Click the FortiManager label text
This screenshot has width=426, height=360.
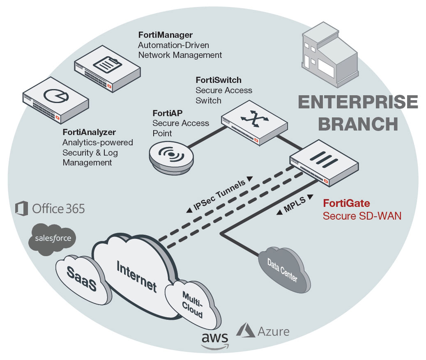click(166, 34)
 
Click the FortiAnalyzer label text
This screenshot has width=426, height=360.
click(89, 132)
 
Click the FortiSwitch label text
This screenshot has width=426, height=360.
click(218, 80)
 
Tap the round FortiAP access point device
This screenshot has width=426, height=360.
click(170, 156)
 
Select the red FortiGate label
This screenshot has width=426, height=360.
click(346, 203)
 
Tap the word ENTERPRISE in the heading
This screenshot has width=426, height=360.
click(358, 102)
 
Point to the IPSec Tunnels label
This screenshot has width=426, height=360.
click(219, 195)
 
